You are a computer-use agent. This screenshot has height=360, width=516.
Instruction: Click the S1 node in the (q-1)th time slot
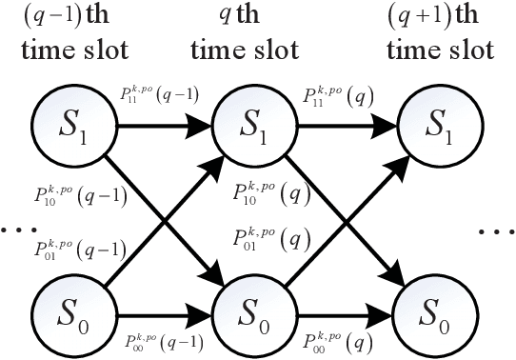[67, 125]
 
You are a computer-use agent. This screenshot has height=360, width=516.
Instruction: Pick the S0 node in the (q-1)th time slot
[67, 312]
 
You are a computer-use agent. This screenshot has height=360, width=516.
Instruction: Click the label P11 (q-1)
[153, 99]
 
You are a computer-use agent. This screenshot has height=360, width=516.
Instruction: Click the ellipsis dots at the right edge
[497, 231]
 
